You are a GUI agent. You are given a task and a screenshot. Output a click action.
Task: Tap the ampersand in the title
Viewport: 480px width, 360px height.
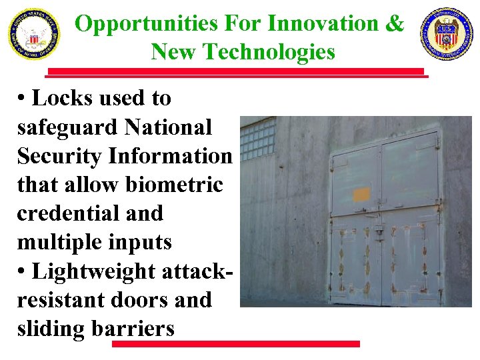click(394, 24)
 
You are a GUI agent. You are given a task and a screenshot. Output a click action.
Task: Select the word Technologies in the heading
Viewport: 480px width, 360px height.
click(277, 51)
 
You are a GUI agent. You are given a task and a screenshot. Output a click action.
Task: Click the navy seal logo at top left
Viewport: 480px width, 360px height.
click(33, 34)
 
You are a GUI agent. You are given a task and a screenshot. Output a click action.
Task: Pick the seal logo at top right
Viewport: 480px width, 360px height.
click(446, 34)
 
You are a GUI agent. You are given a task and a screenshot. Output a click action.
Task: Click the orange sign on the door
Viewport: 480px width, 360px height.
click(361, 195)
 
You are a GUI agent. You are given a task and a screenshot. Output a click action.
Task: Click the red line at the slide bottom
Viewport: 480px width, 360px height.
click(235, 344)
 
